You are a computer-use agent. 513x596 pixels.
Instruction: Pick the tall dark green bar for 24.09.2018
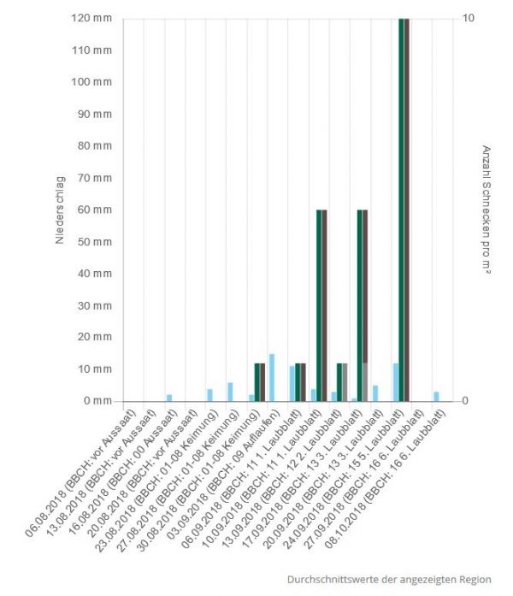[x=401, y=209]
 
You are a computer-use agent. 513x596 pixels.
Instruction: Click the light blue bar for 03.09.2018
[x=272, y=377]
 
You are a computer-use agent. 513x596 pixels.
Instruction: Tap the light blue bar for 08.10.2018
[x=436, y=396]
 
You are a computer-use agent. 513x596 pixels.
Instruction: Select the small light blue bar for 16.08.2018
[x=169, y=398]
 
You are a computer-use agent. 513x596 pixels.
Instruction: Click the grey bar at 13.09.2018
[x=345, y=382]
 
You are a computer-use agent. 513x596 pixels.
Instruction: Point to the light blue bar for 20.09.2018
[x=374, y=393]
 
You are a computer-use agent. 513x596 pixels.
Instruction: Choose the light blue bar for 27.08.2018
[x=230, y=392]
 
